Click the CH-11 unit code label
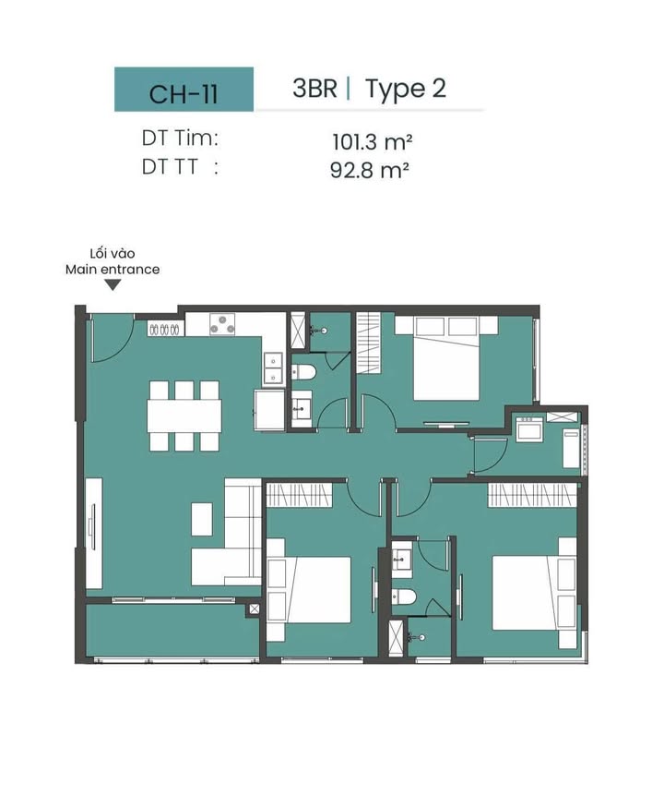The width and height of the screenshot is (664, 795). (x=184, y=94)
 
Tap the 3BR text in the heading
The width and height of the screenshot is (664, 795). (x=314, y=89)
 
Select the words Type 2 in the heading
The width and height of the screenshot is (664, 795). (x=405, y=90)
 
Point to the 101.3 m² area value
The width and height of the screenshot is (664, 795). (x=372, y=141)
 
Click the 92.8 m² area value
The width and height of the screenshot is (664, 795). (x=369, y=170)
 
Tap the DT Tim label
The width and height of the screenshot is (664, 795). (x=180, y=138)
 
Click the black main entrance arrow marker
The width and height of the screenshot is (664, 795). (x=113, y=285)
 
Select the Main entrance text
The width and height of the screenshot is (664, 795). (x=113, y=270)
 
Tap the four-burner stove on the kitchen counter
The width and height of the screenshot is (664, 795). (x=222, y=324)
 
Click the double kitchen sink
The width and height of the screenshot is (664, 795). (x=273, y=368)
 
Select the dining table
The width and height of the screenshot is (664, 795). (x=184, y=416)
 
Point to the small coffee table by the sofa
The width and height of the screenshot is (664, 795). (x=202, y=519)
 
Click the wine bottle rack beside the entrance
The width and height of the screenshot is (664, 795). (x=163, y=330)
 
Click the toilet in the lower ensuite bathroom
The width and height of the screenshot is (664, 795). (x=404, y=596)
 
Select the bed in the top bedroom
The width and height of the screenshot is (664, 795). (x=446, y=358)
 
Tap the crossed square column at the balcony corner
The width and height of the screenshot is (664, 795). (x=254, y=608)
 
